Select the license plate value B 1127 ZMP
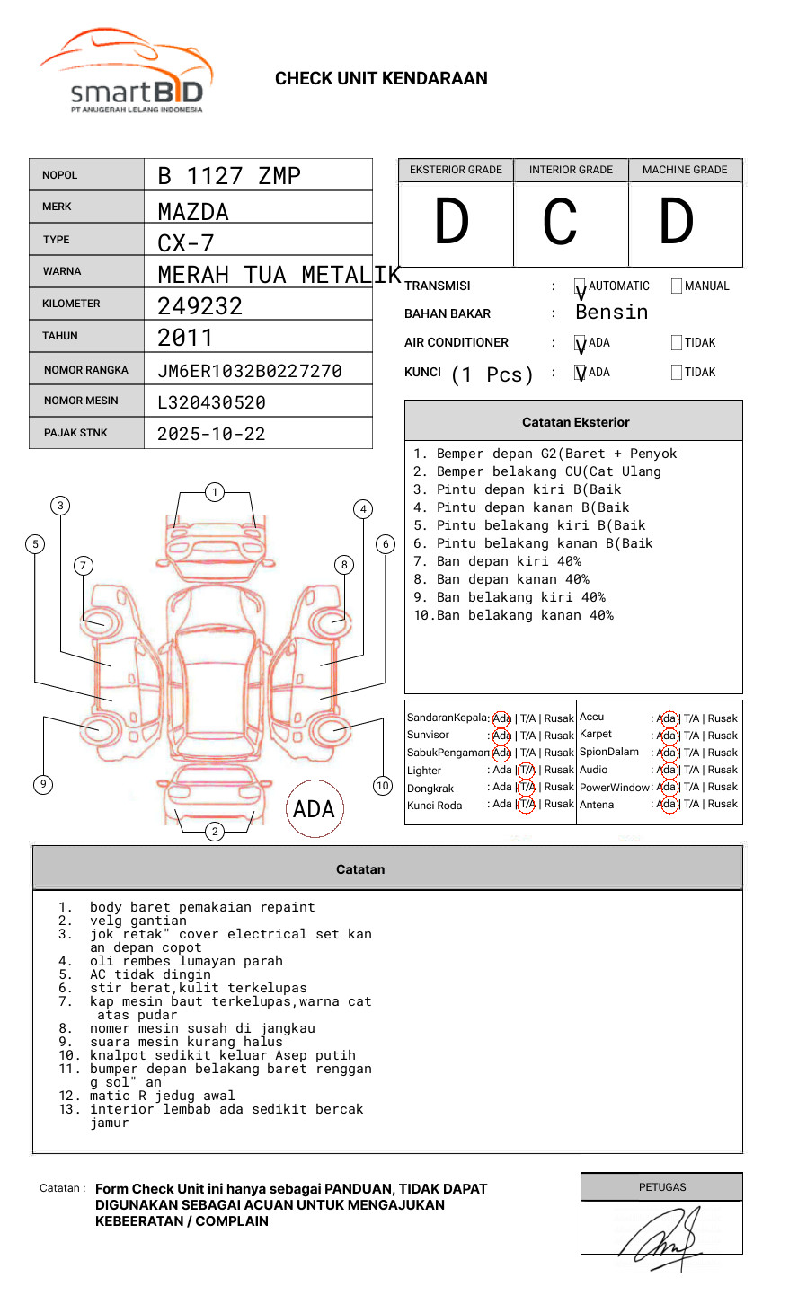pos(229,176)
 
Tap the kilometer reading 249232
pos(199,306)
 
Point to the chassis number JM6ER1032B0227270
pos(250,371)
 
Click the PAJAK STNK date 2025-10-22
pos(211,434)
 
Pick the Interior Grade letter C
pos(560,221)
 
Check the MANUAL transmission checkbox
pos(677,286)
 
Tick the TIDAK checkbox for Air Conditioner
pos(677,342)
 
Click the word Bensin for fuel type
pos(612,313)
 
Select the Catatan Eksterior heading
pos(576,422)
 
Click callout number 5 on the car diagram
pos(36,544)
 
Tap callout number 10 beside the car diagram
pos(382,785)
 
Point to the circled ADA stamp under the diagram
pos(315,808)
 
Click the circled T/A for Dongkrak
pos(527,787)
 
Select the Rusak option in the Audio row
pos(723,770)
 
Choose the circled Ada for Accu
pos(669,719)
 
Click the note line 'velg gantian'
pos(138,921)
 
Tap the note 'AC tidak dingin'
pos(150,974)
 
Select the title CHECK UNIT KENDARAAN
pos(381,79)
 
